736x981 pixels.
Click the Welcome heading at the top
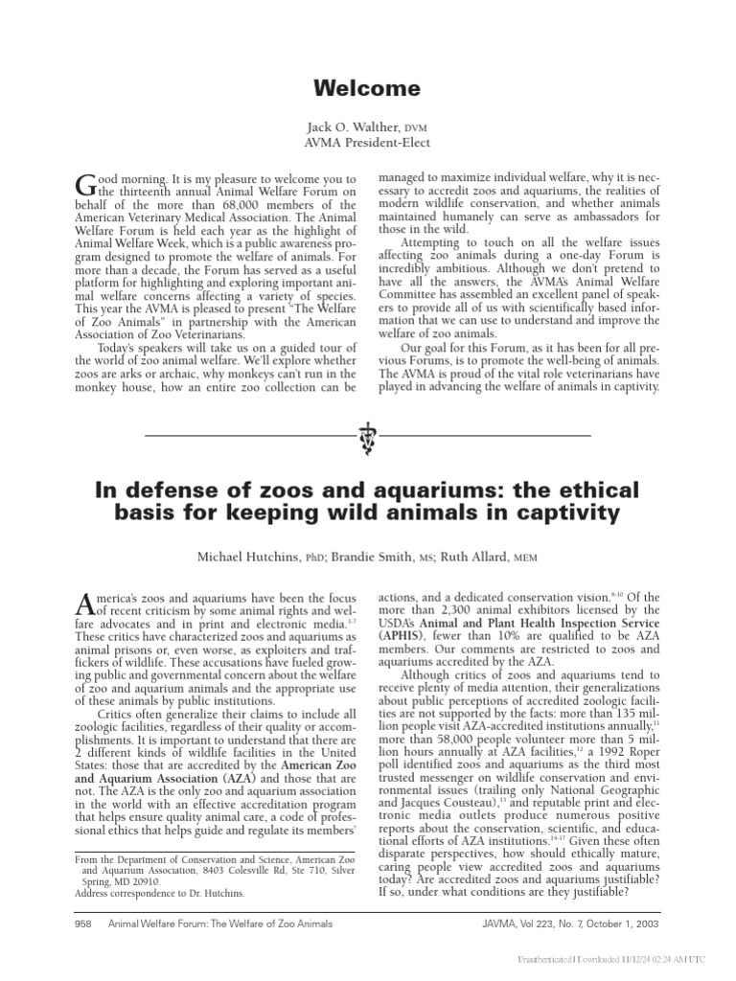pyautogui.click(x=368, y=89)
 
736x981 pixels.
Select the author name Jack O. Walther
pyautogui.click(x=349, y=126)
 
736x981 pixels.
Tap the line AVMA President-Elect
pyautogui.click(x=368, y=143)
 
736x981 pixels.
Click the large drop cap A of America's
pyautogui.click(x=83, y=603)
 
